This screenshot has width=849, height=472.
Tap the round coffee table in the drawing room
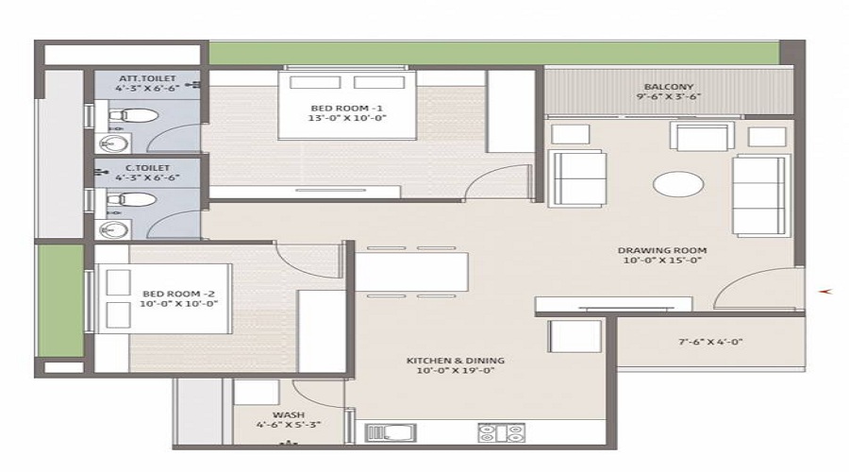[678, 183]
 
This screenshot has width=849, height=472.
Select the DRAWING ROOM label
[662, 250]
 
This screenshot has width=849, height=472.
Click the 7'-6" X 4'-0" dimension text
[710, 342]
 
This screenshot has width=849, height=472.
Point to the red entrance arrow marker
[828, 292]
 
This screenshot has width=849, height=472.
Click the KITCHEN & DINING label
[456, 361]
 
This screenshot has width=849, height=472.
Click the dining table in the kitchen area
[411, 272]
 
